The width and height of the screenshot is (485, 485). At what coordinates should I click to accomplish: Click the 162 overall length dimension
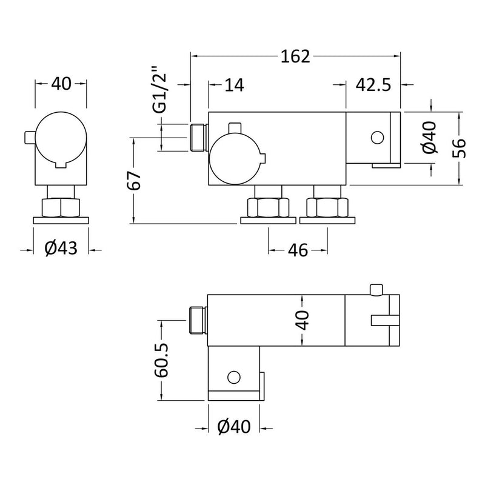tap(295, 57)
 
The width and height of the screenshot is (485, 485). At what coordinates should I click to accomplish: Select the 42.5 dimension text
tap(373, 85)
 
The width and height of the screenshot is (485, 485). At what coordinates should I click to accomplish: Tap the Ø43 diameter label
tap(61, 249)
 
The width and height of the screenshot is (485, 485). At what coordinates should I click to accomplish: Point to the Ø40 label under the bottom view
tap(233, 428)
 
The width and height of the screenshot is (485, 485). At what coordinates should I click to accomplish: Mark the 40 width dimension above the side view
tap(61, 84)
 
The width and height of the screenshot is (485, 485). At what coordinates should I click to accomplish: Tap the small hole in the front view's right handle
tap(376, 138)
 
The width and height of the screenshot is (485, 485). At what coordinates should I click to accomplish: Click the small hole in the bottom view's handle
tap(233, 378)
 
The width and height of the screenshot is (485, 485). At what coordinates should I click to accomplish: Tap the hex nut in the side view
tap(61, 208)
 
